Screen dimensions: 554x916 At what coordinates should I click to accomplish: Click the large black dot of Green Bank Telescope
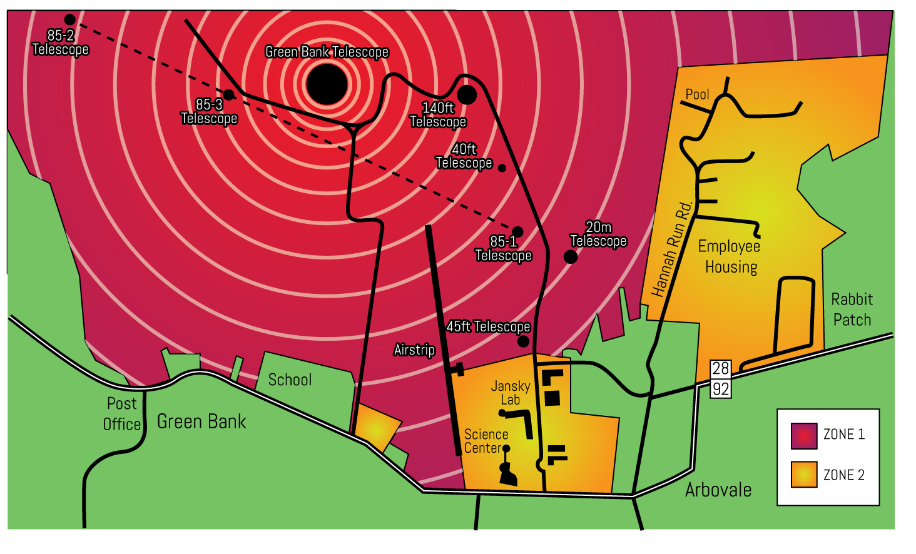pos(327,84)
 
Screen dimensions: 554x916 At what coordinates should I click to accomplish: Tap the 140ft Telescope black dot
pos(467,94)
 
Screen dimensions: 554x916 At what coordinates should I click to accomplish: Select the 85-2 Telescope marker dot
pos(70,20)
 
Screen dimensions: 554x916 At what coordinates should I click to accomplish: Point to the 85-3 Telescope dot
pos(229,94)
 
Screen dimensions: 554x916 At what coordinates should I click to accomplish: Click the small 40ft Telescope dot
pos(502,168)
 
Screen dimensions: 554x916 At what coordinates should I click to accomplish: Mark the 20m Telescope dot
pos(571,256)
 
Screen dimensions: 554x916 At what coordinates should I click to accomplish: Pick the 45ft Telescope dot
pos(523,341)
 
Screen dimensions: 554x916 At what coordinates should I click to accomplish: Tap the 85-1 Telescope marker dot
pos(517,232)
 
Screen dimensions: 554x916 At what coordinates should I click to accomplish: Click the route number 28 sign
pos(721,368)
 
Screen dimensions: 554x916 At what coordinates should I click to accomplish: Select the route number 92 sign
pos(721,389)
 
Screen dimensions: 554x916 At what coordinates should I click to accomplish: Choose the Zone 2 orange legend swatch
pos(804,475)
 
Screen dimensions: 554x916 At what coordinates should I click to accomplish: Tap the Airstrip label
pos(414,350)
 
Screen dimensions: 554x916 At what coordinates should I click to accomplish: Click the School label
pos(290,380)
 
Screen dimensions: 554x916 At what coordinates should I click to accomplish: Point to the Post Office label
pos(121,414)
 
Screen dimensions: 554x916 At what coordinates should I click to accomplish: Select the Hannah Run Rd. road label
pos(671,248)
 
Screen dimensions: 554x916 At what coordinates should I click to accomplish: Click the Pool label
pos(697,94)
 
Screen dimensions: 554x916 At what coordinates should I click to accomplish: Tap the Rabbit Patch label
pos(852,310)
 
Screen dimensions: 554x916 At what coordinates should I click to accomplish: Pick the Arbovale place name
pos(718,490)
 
